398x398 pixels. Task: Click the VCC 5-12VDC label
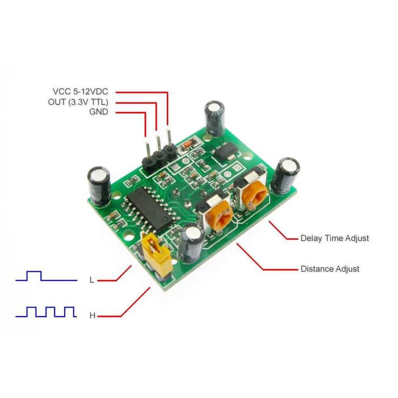tap(80, 92)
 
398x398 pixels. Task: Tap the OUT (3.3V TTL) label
tap(78, 102)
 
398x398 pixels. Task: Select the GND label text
tap(98, 111)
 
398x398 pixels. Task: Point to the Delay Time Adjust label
tap(334, 238)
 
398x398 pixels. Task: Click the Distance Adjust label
tap(330, 269)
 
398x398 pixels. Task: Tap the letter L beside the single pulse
tap(92, 280)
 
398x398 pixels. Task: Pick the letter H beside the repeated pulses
tap(92, 316)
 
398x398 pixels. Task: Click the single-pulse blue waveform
tap(46, 276)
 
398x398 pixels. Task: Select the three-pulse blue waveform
tap(46, 312)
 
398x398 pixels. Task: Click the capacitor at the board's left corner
tap(99, 185)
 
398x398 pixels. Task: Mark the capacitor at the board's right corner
tap(285, 176)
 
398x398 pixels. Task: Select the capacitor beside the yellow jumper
tap(192, 244)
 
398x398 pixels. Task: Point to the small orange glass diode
tap(188, 144)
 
